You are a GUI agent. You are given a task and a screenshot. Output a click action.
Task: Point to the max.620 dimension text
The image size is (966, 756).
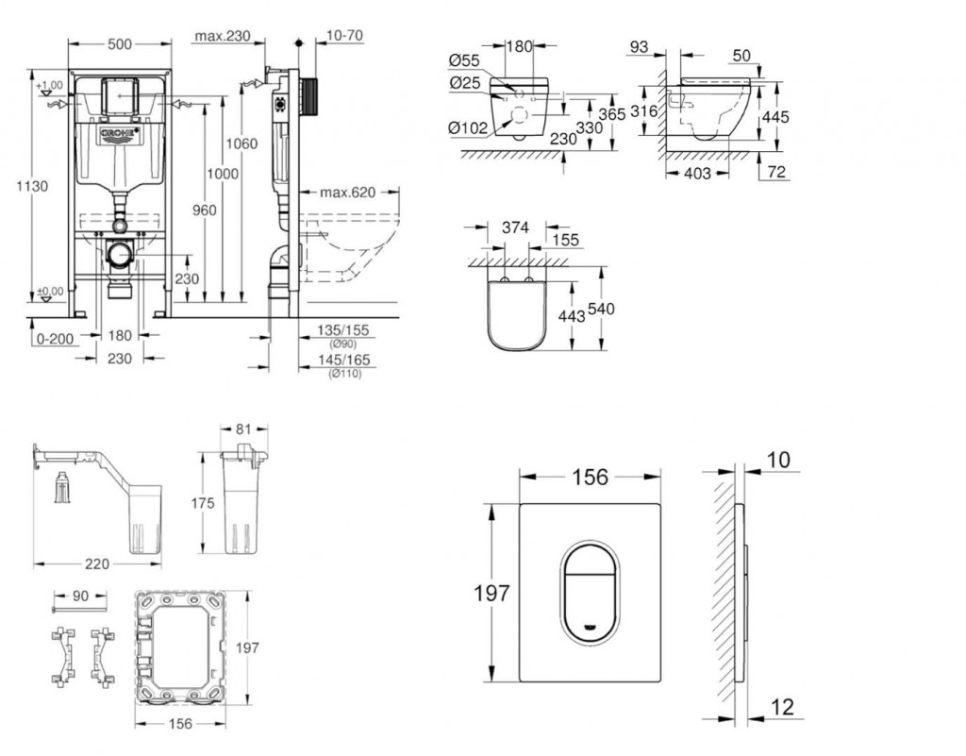coord(346,193)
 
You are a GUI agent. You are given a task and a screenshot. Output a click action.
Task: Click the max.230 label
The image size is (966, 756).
coord(222,36)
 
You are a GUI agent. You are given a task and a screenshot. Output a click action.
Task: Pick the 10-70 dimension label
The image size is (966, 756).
coord(344,36)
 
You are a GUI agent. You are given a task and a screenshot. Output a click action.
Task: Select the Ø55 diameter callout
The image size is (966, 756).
coord(465,60)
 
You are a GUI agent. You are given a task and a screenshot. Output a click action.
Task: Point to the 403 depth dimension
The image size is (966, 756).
coord(697,174)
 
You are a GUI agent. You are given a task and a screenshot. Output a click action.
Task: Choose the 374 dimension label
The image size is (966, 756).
coord(514,227)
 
